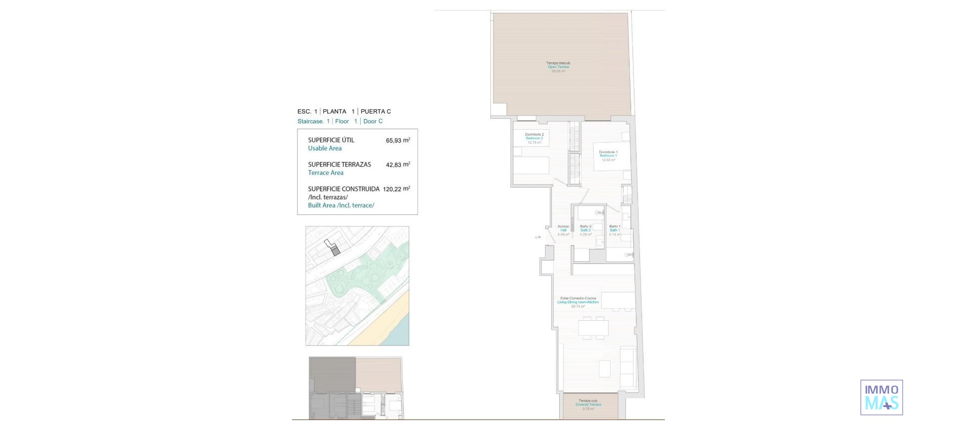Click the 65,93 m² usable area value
pyautogui.click(x=398, y=140)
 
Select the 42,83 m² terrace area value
pyautogui.click(x=398, y=165)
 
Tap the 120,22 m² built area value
pyautogui.click(x=396, y=189)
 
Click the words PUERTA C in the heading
pyautogui.click(x=375, y=112)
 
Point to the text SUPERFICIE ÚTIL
pyautogui.click(x=331, y=140)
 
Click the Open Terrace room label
pyautogui.click(x=558, y=67)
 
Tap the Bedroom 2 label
pyautogui.click(x=534, y=138)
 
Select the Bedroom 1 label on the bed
pyautogui.click(x=608, y=156)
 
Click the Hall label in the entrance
pyautogui.click(x=563, y=230)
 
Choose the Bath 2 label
pyautogui.click(x=586, y=230)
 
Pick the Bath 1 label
pyautogui.click(x=615, y=230)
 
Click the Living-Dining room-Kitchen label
pyautogui.click(x=578, y=302)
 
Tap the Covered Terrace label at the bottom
pyautogui.click(x=589, y=405)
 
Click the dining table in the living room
pyautogui.click(x=593, y=328)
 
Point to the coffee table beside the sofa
pyautogui.click(x=605, y=369)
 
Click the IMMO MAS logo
pyautogui.click(x=881, y=398)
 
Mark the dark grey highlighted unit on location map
pyautogui.click(x=336, y=251)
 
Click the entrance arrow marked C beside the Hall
pyautogui.click(x=538, y=237)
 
